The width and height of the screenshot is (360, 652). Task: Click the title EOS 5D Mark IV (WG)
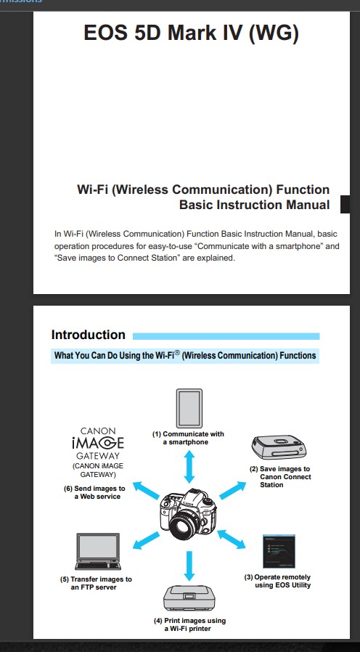[x=191, y=33]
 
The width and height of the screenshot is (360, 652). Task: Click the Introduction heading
[x=88, y=335]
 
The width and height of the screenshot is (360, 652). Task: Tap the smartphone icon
[x=189, y=408]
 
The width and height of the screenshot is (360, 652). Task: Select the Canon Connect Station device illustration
[x=279, y=447]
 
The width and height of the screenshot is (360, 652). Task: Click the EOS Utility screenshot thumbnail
[x=279, y=551]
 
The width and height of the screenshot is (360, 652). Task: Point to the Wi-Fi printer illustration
[x=189, y=598]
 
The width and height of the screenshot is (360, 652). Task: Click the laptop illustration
[x=98, y=551]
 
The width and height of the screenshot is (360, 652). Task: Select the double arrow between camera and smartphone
[x=189, y=467]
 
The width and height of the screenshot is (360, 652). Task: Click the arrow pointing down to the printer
[x=189, y=566]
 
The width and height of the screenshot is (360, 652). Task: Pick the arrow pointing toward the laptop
[x=146, y=541]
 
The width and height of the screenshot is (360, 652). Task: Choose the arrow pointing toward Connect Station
[x=232, y=490]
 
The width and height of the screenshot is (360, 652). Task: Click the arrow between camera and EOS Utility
[x=232, y=539]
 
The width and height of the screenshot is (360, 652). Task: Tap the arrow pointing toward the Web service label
[x=146, y=490]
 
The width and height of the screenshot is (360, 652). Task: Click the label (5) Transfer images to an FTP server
[x=96, y=583]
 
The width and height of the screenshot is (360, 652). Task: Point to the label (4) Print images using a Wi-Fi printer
[x=189, y=624]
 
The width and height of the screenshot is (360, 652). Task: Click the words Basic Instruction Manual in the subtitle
[x=255, y=205]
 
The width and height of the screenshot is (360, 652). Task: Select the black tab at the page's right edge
[x=345, y=204]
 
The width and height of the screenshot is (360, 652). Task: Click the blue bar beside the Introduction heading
[x=226, y=336]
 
